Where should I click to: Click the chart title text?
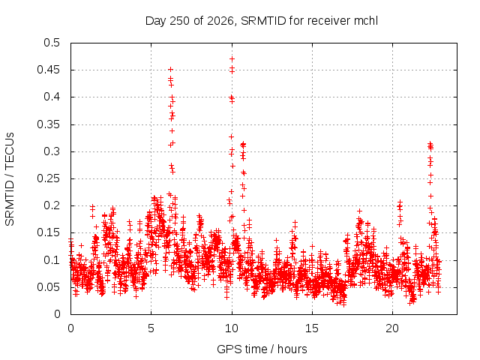tap(262, 21)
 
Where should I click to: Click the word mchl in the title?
tap(366, 21)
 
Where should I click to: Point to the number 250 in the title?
tap(180, 21)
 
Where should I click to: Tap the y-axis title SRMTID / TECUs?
tap(10, 179)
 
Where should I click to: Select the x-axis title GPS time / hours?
tap(262, 349)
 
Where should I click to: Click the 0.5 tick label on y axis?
tap(52, 43)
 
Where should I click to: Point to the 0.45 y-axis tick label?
tap(49, 70)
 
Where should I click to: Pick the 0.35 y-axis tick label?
tap(49, 124)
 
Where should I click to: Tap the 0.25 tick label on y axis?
tap(49, 178)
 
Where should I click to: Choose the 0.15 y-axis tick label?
tap(49, 232)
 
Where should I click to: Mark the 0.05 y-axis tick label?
tap(49, 287)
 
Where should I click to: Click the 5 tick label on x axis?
tap(151, 328)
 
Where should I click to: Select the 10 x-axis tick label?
tap(232, 328)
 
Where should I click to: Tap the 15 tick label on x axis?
tap(312, 328)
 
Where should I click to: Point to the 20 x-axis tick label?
tap(392, 328)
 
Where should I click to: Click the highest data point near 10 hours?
tap(232, 58)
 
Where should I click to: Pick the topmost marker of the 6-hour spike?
tap(170, 70)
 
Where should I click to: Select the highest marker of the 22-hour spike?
tap(430, 143)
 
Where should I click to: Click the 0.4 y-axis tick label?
tap(52, 97)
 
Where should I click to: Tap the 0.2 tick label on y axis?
tap(52, 205)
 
